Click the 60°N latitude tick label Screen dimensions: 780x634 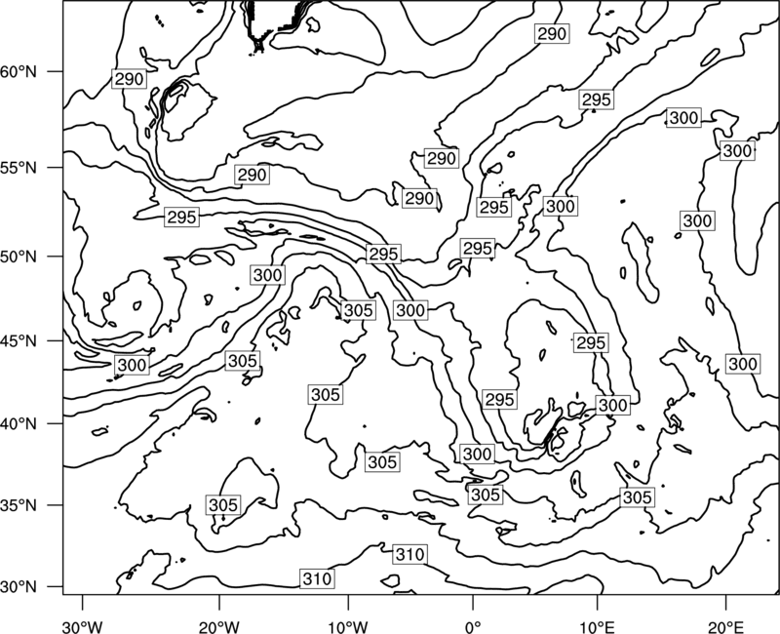click(x=19, y=72)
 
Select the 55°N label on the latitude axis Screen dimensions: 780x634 click(x=19, y=168)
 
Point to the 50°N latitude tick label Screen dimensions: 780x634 click(x=19, y=257)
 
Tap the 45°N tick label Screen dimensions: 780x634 click(x=19, y=340)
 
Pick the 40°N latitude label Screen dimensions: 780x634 click(x=19, y=424)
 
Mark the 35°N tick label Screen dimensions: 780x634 click(x=19, y=505)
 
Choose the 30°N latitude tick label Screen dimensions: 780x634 click(x=19, y=587)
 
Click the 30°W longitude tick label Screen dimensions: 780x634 click(x=83, y=627)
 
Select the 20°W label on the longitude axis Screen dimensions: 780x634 click(x=219, y=627)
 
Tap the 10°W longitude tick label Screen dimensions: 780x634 click(x=348, y=627)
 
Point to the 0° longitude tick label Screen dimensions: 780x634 click(x=473, y=627)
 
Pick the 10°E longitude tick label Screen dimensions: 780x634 click(x=597, y=627)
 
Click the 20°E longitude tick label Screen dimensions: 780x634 click(x=725, y=627)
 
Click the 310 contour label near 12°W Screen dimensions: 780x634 click(x=318, y=578)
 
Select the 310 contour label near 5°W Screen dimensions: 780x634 click(x=409, y=554)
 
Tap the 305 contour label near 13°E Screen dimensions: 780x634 click(x=638, y=497)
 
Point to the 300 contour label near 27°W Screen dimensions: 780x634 click(x=132, y=365)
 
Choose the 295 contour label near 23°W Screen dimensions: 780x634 click(x=182, y=218)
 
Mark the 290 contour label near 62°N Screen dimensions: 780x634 click(x=552, y=34)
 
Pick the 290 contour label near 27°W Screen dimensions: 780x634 click(x=130, y=79)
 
